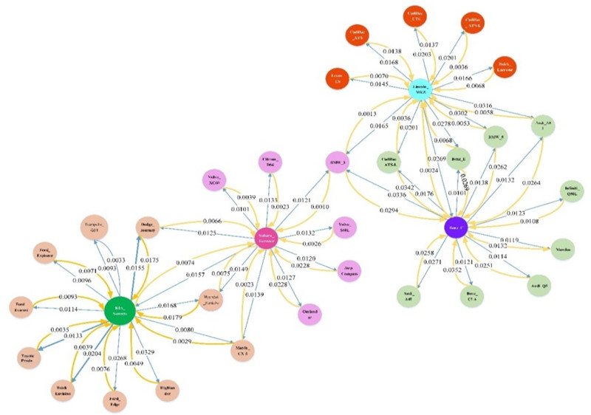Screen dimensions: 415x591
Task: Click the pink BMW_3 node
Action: pyautogui.click(x=338, y=162)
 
